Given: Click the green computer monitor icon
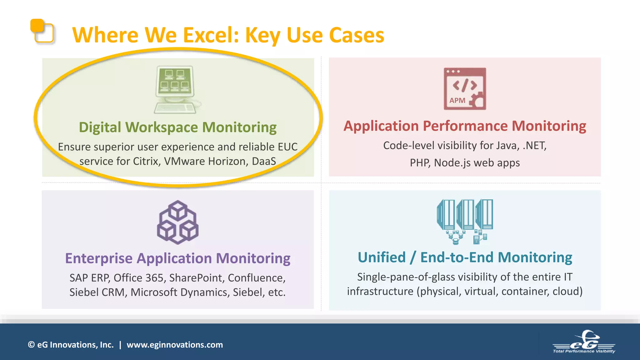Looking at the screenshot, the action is pos(176,89).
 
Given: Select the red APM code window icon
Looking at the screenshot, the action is pos(465,89).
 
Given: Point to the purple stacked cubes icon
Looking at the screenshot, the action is pos(177,222).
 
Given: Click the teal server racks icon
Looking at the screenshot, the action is pos(465,221).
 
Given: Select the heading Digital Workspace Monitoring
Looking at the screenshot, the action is pos(177,127).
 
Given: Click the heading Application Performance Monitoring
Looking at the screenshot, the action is pos(465,126).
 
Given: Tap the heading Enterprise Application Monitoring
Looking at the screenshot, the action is pos(177,258).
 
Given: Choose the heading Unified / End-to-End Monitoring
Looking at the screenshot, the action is pos(465,257).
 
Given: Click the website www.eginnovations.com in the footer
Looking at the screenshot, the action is pos(175,345).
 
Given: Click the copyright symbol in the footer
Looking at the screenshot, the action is pos(31,345).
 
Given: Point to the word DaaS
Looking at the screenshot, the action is pos(264,161).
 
